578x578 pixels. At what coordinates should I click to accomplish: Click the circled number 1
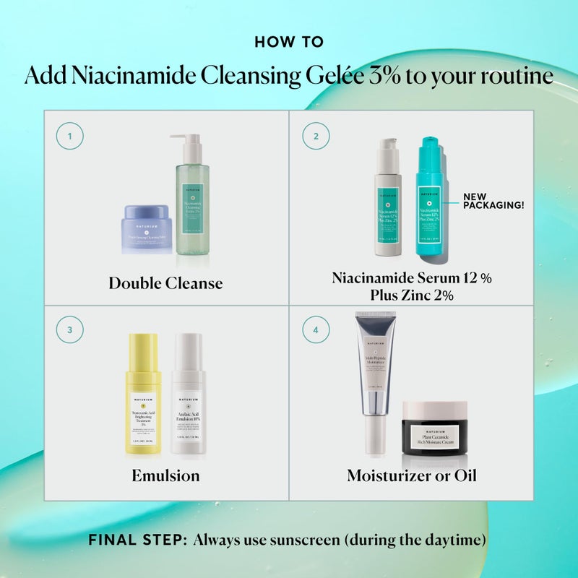(69, 136)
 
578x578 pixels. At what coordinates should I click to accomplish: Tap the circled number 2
(315, 136)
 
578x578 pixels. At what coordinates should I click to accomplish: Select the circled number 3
(69, 330)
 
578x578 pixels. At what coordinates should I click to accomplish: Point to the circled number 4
(315, 330)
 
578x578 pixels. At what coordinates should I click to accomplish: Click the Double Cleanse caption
(165, 283)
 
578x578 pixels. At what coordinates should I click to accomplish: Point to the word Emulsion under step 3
(165, 476)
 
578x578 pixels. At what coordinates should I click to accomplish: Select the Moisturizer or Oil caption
(411, 476)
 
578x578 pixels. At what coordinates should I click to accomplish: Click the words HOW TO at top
(289, 43)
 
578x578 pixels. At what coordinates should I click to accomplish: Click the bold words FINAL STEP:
(137, 539)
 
